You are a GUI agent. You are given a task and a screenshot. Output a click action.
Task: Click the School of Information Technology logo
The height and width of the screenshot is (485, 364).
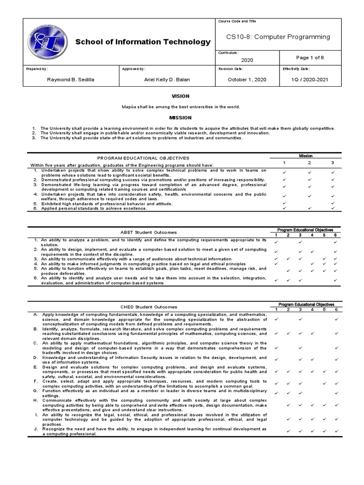pyautogui.click(x=48, y=41)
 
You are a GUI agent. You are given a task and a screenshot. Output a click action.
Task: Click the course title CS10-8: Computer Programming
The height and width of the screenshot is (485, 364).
pyautogui.click(x=278, y=37)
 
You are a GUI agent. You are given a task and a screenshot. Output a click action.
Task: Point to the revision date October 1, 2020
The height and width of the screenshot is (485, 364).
pyautogui.click(x=247, y=80)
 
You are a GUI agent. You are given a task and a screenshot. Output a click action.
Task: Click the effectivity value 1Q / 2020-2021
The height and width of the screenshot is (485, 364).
pyautogui.click(x=309, y=80)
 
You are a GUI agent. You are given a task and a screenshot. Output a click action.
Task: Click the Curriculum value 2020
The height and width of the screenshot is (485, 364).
pyautogui.click(x=247, y=60)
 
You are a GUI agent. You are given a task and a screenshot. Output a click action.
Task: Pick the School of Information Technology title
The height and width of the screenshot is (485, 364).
pyautogui.click(x=143, y=42)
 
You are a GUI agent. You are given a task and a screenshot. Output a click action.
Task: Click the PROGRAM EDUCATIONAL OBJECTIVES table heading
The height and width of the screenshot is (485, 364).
pyautogui.click(x=143, y=158)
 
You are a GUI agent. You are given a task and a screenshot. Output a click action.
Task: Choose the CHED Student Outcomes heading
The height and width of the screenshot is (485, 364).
pyautogui.click(x=149, y=307)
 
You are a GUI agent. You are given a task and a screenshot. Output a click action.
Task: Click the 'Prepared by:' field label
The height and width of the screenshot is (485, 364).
pyautogui.click(x=37, y=69)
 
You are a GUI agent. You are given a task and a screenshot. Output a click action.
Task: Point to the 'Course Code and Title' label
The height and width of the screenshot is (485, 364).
pyautogui.click(x=237, y=22)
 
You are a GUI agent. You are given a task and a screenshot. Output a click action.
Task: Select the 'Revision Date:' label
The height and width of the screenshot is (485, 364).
pyautogui.click(x=230, y=69)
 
